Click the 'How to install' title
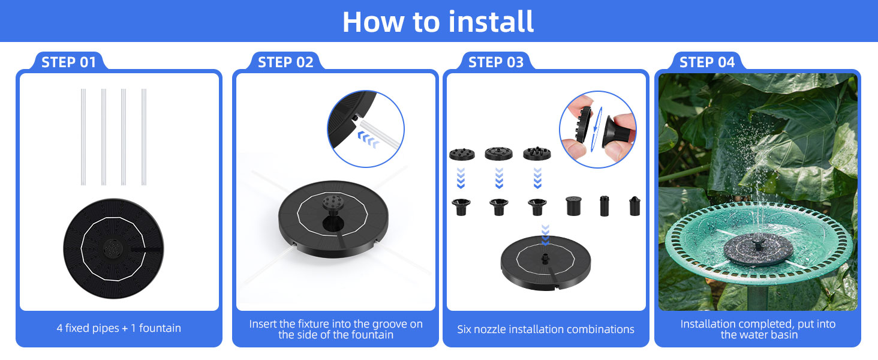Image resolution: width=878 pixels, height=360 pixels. coord(438,22)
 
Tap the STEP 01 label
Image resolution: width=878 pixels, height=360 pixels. coord(69,62)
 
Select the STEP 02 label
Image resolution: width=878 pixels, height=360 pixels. coord(285,62)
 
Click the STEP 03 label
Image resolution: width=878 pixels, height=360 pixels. coord(496,62)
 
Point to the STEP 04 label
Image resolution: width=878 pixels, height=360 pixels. coord(707,62)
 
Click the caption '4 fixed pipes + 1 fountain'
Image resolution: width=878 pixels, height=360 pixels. coord(119,328)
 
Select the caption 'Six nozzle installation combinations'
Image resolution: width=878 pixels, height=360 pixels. coord(546,329)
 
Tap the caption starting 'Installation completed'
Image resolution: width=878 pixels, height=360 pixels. coord(758,329)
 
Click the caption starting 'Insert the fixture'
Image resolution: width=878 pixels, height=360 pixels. coord(336,329)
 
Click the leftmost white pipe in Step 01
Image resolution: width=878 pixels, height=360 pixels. coord(83,137)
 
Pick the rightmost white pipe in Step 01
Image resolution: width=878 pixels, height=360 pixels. coord(144,137)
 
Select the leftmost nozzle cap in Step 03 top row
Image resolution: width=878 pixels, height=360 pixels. coord(462,154)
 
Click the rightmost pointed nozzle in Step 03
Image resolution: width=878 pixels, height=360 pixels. coord(635,206)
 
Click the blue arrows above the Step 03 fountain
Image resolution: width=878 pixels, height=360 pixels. coord(545,235)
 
